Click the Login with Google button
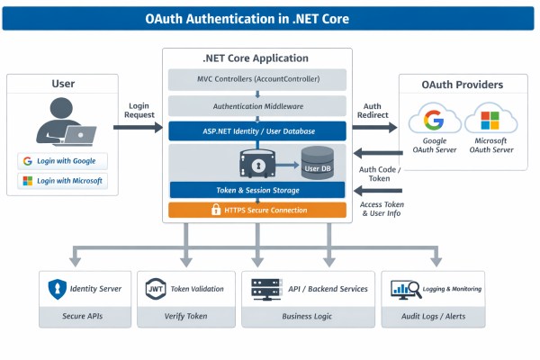(62, 161)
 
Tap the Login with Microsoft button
(62, 181)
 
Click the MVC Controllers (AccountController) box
(257, 79)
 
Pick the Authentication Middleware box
(257, 105)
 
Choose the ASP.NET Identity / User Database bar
(257, 130)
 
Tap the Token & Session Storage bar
(257, 190)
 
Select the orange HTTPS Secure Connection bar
(257, 210)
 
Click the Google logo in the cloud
(434, 120)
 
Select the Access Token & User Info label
(382, 210)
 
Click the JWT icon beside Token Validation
(154, 290)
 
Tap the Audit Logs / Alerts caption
(433, 317)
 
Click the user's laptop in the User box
(78, 135)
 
